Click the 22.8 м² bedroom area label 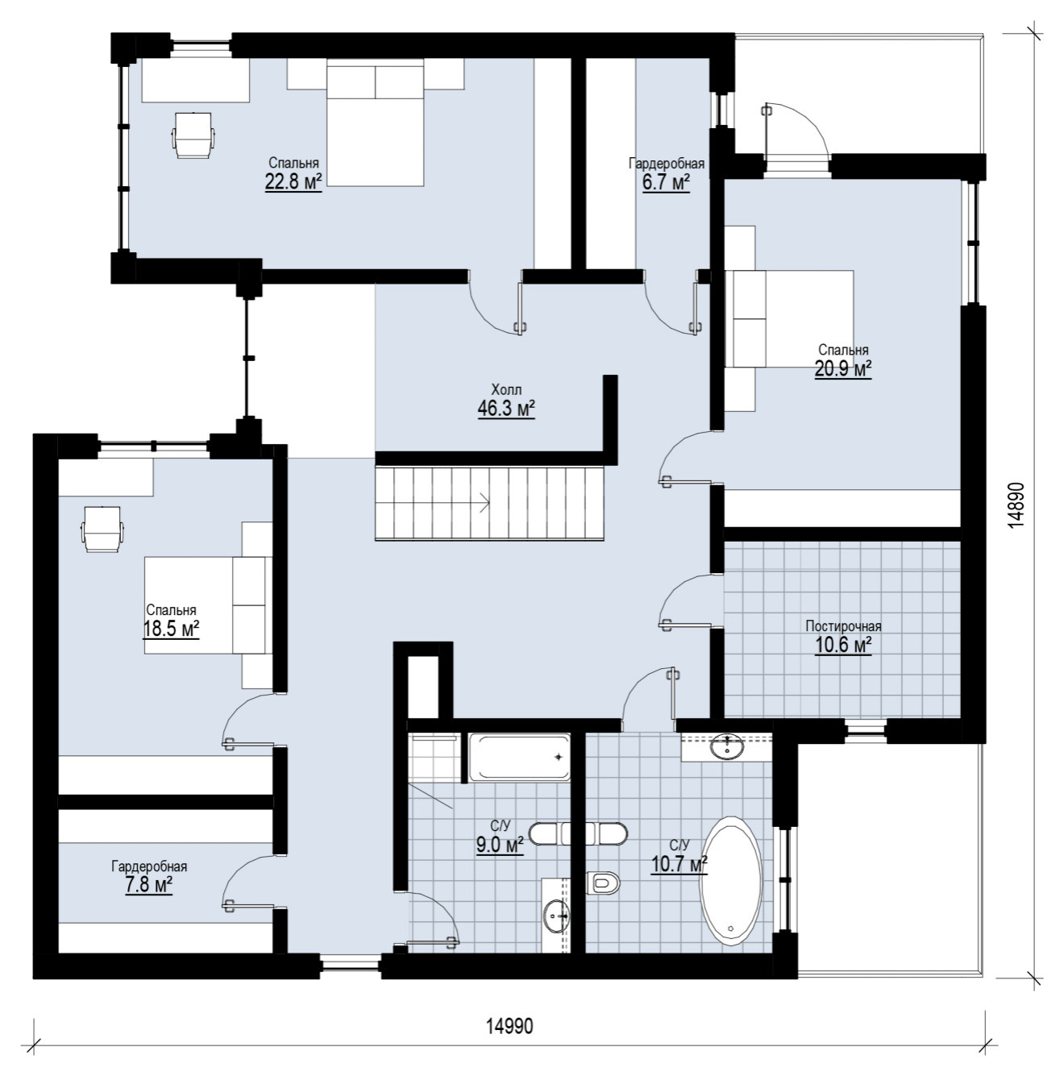point(293,182)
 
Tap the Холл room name point(506,389)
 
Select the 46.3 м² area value point(506,409)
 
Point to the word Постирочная point(843,626)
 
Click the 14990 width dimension point(509,1026)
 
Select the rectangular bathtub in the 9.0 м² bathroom point(519,757)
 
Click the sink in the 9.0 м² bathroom point(556,916)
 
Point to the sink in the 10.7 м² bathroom point(726,746)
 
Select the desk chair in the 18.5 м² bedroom point(102,529)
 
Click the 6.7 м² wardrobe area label point(666,183)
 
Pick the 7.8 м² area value point(148,885)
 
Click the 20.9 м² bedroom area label point(843,369)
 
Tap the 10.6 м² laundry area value point(843,645)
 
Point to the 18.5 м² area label point(171,629)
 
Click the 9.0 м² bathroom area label point(500,845)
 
